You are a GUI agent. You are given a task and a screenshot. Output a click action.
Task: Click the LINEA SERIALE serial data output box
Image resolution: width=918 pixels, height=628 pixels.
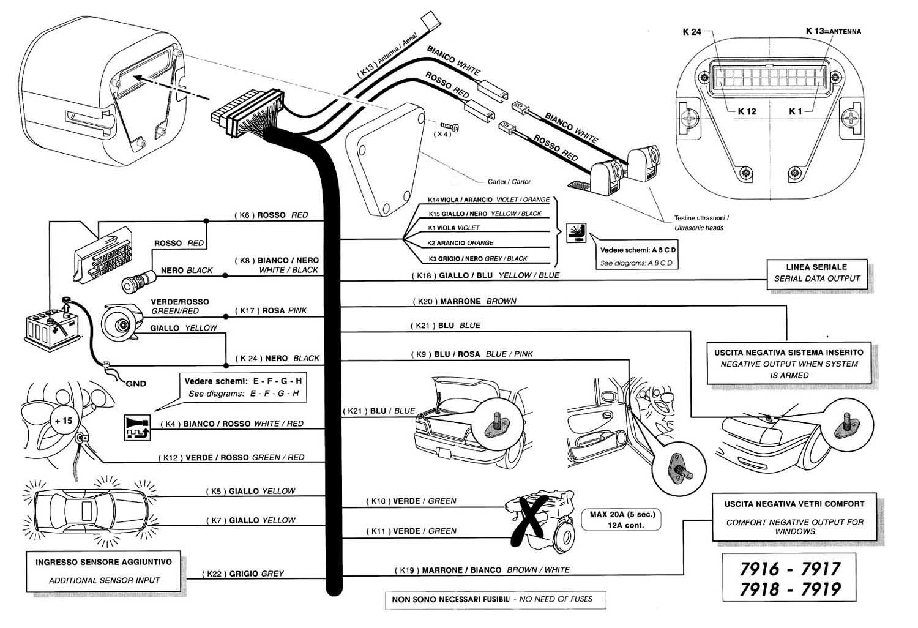coord(816,273)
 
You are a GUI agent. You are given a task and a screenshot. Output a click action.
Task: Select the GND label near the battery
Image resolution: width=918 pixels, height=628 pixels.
coord(136,384)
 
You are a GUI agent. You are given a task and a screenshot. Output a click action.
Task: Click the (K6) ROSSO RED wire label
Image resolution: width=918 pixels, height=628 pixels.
coord(271,215)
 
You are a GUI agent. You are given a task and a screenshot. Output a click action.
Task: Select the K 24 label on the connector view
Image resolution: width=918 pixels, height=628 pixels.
coord(692,32)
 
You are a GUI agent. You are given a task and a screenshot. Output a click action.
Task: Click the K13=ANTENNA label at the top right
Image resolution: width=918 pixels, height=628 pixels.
coord(833,31)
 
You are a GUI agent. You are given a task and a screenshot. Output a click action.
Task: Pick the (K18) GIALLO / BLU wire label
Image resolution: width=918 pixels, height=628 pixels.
coord(485,275)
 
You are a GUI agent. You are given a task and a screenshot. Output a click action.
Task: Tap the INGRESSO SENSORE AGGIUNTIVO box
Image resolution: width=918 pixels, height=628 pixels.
coord(103,570)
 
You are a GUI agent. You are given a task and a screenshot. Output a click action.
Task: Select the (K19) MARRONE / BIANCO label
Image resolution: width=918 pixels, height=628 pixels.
coord(482,570)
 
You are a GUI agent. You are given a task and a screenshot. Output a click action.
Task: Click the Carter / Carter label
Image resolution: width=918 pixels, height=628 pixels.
coord(509,182)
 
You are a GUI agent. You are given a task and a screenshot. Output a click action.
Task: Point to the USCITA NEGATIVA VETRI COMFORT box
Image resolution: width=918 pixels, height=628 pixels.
coord(794,517)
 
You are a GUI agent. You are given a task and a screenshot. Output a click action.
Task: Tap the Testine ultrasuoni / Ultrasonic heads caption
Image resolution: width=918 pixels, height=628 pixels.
coord(701,223)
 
